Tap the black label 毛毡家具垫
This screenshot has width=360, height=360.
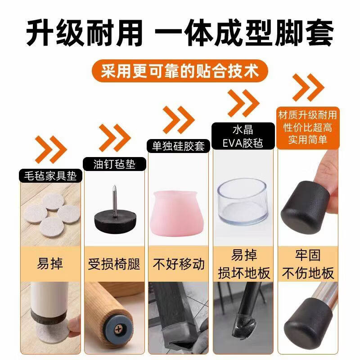click(50, 176)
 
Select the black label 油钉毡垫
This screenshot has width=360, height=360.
click(114, 164)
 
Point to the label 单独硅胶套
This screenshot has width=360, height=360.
click(178, 146)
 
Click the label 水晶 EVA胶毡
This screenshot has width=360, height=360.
click(243, 136)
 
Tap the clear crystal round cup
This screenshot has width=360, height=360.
click(243, 201)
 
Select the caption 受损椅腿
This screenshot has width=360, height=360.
click(114, 264)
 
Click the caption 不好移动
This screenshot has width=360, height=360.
click(179, 264)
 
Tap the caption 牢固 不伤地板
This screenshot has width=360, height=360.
click(308, 264)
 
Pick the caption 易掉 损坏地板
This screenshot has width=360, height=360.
click(244, 264)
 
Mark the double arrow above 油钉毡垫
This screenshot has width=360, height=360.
click(114, 138)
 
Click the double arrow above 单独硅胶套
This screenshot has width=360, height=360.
click(178, 120)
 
